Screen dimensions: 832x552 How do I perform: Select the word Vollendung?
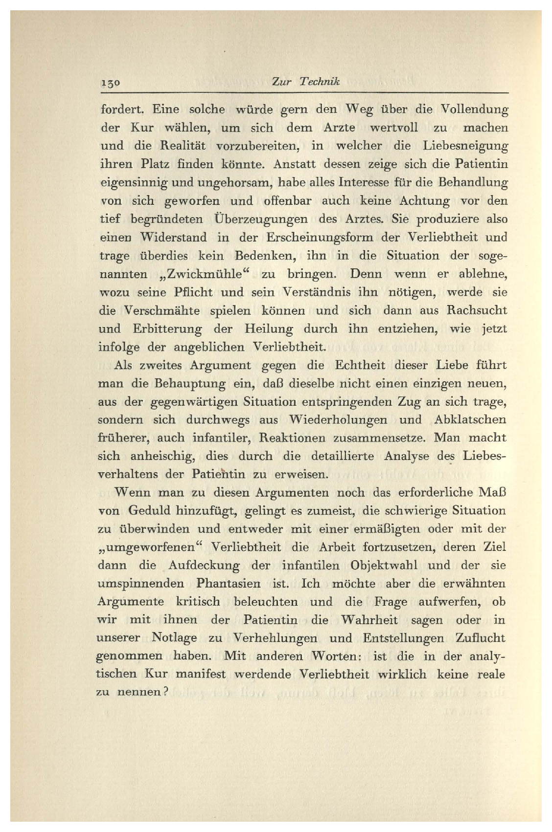[x=475, y=109]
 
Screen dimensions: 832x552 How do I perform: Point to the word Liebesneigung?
[x=465, y=146]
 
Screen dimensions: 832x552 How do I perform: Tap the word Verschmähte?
[x=162, y=310]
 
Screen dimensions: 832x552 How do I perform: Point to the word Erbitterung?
[x=167, y=329]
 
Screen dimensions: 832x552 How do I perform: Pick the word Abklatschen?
[x=469, y=420]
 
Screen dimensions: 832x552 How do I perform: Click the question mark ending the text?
[x=166, y=692]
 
